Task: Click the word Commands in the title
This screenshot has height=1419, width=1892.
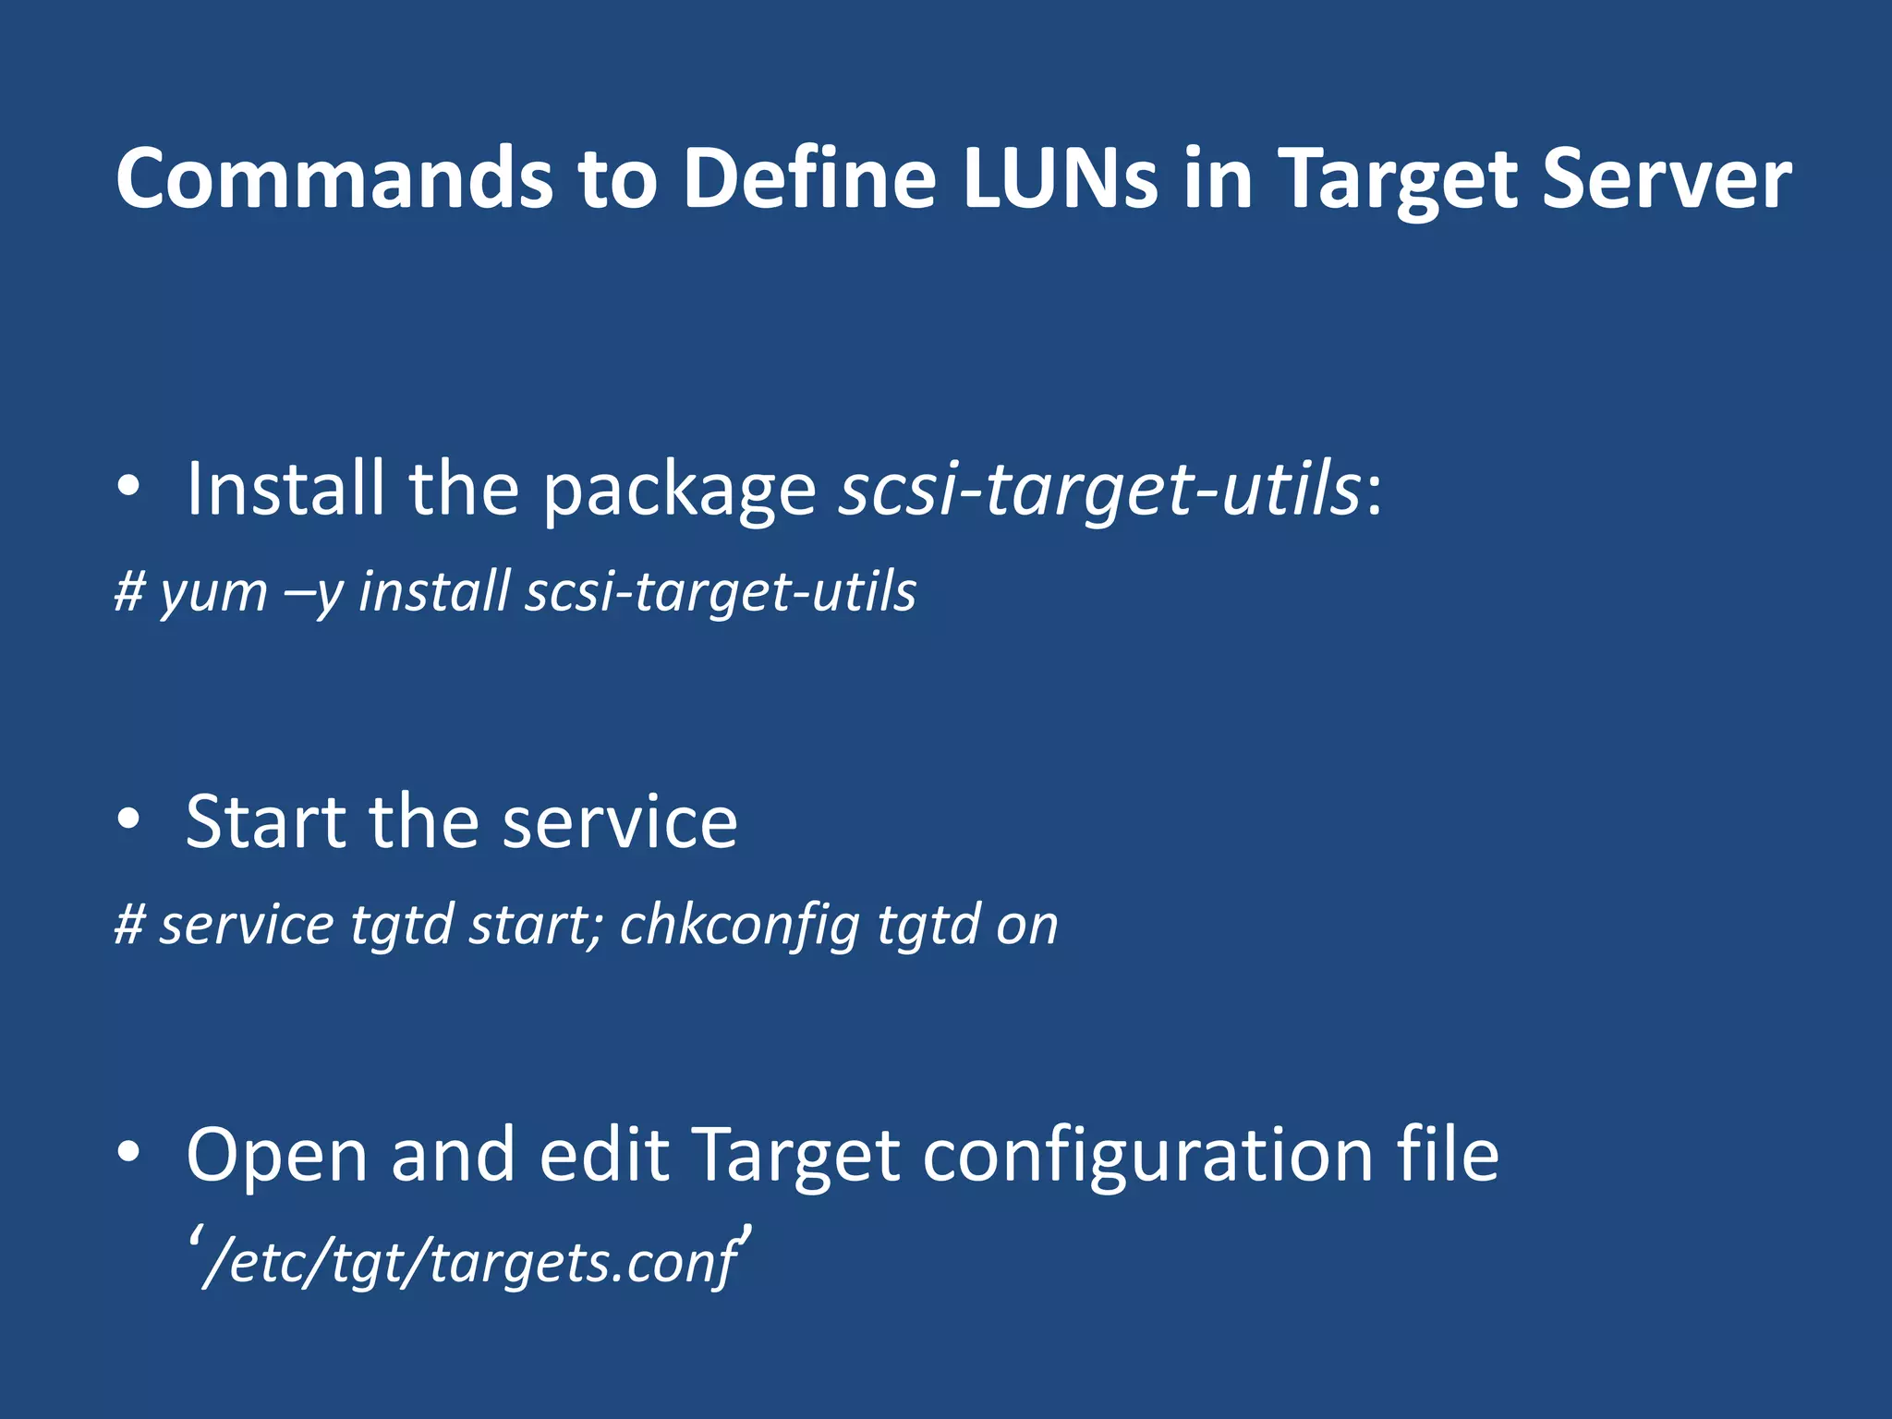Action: click(x=334, y=177)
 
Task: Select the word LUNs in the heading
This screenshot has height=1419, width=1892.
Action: click(x=1060, y=177)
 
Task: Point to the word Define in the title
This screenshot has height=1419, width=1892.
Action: click(x=809, y=177)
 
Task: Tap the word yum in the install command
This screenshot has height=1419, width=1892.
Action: click(x=213, y=592)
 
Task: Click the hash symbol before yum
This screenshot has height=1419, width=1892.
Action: click(x=129, y=592)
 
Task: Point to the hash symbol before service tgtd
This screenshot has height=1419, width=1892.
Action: click(x=129, y=925)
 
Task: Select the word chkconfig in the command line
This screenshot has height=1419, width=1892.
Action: click(x=740, y=925)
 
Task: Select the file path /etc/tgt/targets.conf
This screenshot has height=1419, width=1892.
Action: click(x=471, y=1261)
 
